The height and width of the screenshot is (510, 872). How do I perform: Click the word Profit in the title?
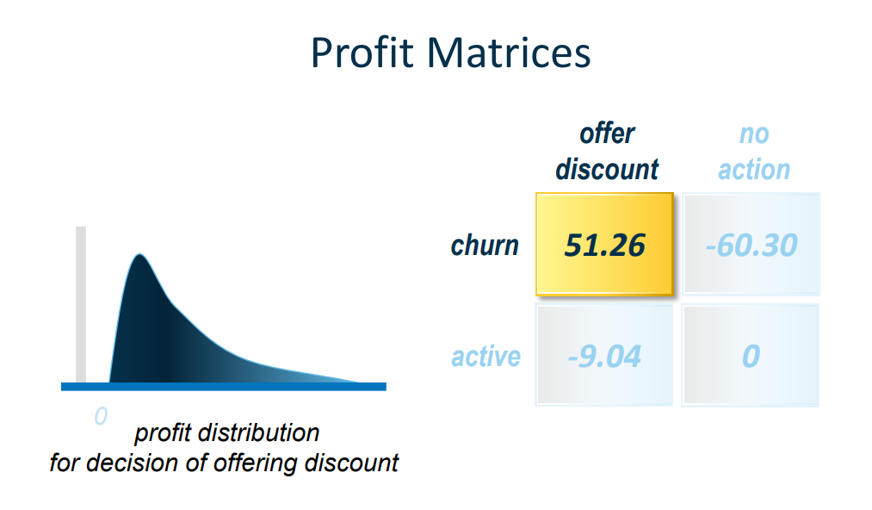[x=362, y=53]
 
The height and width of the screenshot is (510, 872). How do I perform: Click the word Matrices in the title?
[x=508, y=53]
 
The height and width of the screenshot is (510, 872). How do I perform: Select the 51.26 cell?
[x=604, y=245]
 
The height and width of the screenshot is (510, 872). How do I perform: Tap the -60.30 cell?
[x=751, y=245]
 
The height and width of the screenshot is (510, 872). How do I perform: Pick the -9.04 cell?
[x=604, y=355]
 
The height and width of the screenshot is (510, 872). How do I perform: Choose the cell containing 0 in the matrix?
[x=751, y=355]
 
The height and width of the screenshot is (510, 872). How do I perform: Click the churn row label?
[x=485, y=246]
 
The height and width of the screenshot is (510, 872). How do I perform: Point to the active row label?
[x=485, y=356]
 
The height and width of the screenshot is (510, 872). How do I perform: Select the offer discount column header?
[x=607, y=152]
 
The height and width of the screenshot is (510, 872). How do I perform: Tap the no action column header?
[x=754, y=152]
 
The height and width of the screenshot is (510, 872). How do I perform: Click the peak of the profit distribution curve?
[x=139, y=256]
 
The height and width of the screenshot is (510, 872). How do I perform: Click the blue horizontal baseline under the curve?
[x=224, y=387]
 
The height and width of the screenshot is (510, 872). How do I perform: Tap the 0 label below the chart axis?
[x=101, y=416]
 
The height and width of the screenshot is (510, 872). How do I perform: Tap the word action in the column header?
[x=754, y=170]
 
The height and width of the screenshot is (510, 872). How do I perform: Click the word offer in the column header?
[x=607, y=134]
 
